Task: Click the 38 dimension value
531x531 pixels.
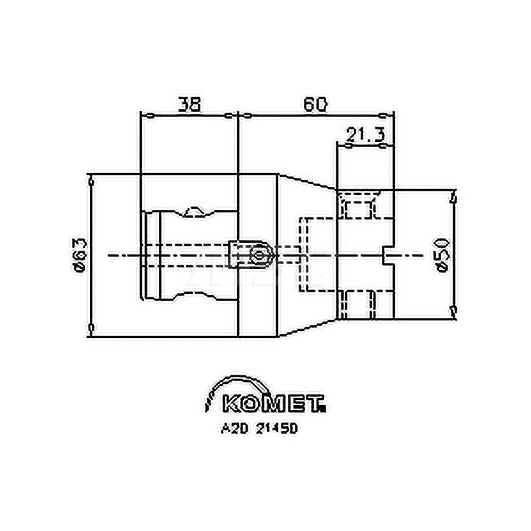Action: point(189,105)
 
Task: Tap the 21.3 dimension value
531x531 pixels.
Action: point(365,135)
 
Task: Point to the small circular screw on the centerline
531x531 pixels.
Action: point(260,255)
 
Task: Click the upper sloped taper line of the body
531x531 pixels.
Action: point(306,181)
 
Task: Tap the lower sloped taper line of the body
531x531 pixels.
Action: point(306,328)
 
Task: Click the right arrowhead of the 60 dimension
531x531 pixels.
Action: point(384,114)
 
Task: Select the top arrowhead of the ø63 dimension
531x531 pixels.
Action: point(92,182)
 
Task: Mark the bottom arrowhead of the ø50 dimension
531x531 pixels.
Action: point(452,310)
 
